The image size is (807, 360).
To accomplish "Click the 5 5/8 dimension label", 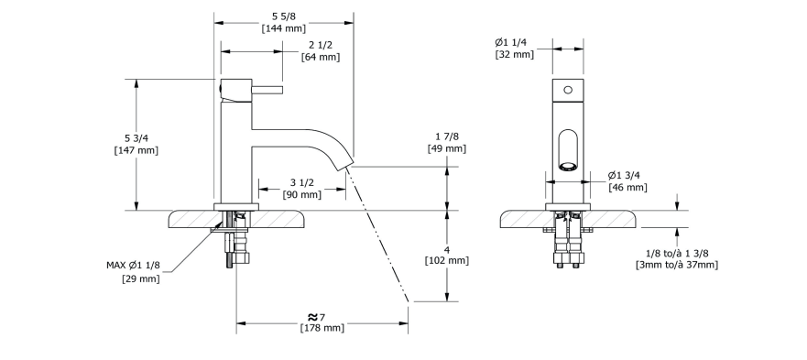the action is tap(284, 16).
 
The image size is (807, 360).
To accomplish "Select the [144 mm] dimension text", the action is tap(284, 28).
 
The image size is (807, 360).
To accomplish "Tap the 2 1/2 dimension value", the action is tap(320, 45).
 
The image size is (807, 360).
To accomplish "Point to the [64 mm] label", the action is tap(321, 57).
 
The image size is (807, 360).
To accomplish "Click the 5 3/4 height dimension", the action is tap(136, 138).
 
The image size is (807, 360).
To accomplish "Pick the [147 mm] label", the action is tap(136, 150).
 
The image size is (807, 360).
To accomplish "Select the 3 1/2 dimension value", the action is tap(302, 182).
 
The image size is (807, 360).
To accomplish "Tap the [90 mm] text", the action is tap(302, 194).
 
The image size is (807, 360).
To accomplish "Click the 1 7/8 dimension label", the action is tap(447, 136).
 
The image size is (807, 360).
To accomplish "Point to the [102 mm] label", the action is tap(447, 260).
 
